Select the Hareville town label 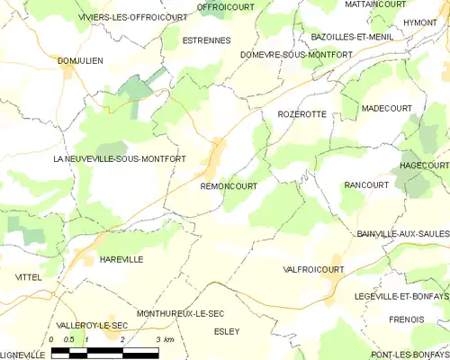[121, 259]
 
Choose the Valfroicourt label [314, 269]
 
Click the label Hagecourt [424, 166]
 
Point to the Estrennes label [206, 40]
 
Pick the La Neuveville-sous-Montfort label [120, 159]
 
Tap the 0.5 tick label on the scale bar [69, 338]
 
